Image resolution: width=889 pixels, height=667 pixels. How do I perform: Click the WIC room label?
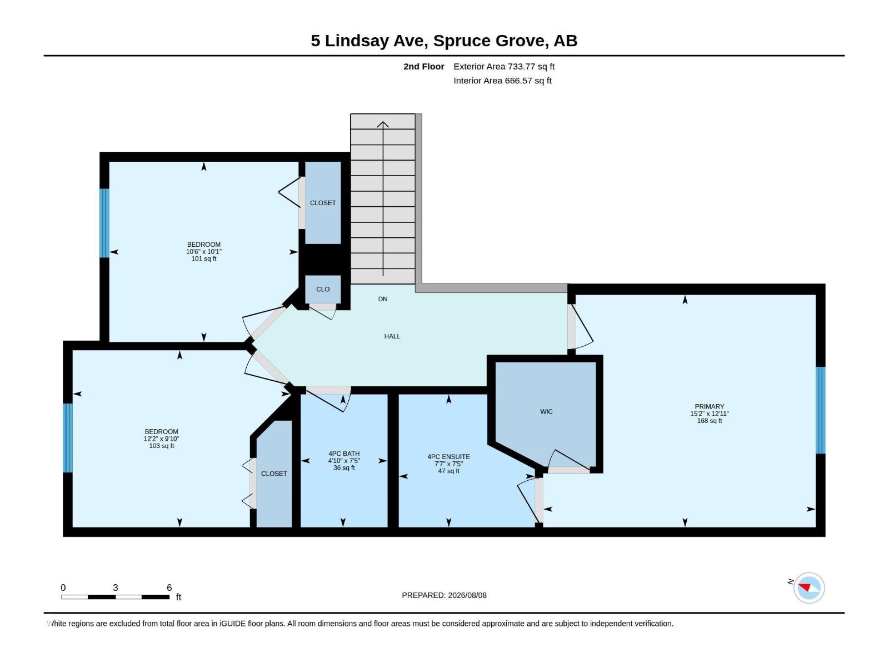546,411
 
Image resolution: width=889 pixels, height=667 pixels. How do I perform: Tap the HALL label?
392,336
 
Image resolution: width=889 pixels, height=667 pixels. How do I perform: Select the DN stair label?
383,299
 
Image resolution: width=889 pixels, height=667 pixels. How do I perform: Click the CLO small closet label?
323,289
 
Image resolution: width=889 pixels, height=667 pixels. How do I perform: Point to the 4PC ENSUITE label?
449,457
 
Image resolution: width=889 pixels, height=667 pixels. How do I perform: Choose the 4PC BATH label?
344,454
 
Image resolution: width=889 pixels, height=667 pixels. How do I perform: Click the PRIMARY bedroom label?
709,407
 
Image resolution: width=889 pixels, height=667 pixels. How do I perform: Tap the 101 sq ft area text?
204,259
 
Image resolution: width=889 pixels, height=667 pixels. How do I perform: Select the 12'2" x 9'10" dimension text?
161,439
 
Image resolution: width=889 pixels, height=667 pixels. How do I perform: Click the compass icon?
809,588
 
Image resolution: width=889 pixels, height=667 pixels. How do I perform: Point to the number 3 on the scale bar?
116,588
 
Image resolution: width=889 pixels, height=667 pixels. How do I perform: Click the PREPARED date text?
444,595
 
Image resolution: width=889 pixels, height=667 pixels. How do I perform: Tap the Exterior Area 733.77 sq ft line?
504,66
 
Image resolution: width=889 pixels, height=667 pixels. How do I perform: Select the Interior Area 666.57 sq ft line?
502,81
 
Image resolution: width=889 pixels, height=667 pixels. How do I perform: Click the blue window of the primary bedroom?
820,410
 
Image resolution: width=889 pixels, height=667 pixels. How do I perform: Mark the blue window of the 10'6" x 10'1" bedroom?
104,223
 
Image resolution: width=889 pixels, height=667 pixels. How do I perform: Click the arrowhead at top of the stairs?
383,124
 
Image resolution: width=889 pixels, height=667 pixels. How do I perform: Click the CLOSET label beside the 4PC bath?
274,474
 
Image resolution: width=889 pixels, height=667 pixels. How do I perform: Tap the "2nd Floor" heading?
423,66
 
